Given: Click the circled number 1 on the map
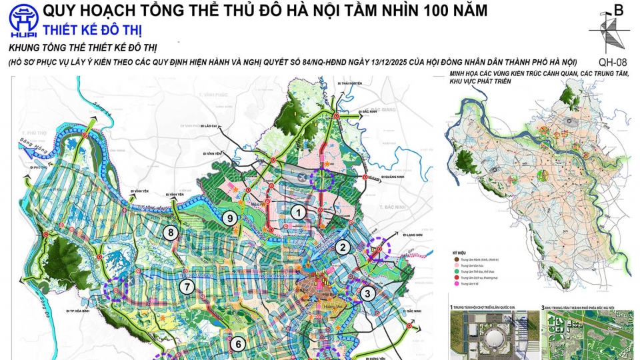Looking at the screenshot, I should (300, 213).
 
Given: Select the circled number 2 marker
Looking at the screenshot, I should (343, 248).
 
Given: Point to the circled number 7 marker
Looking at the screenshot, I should (187, 288).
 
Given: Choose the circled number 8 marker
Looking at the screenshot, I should (171, 233).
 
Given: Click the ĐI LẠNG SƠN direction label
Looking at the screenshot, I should (414, 234).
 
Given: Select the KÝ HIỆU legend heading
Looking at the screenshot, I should (458, 254).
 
